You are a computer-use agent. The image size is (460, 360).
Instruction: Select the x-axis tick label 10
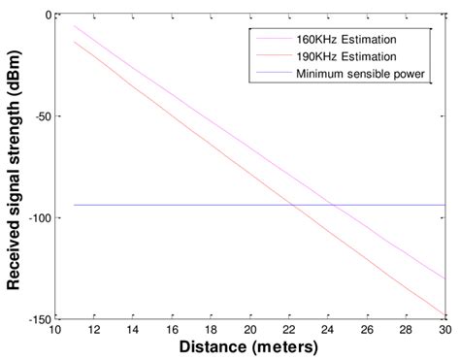(54, 329)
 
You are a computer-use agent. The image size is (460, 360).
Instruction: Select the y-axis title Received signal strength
(14, 165)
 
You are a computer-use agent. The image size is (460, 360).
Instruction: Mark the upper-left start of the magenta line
(75, 26)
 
